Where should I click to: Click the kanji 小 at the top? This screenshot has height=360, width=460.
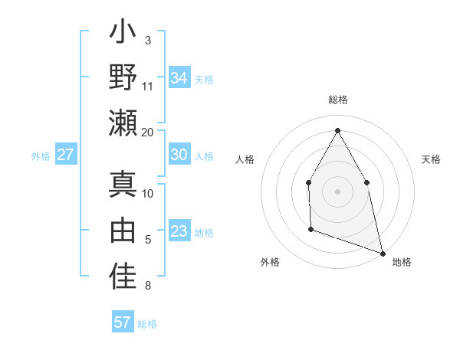coord(123,37)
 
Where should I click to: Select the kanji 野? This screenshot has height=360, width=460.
coord(123,78)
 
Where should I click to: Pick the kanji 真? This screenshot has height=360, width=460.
coord(123,186)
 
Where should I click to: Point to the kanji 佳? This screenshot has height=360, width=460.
coord(123,275)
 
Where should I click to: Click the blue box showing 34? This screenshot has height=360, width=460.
coord(179,78)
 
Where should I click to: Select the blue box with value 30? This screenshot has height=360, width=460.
coord(179,155)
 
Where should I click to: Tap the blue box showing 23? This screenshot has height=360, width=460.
coord(179,231)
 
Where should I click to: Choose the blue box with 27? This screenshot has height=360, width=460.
coord(65,155)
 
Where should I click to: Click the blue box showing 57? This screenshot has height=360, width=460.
coord(122,322)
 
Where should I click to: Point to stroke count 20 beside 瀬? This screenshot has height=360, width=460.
coord(148,132)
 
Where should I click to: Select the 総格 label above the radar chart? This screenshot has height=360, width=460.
coord(337,100)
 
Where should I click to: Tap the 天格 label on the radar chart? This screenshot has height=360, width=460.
coord(431,159)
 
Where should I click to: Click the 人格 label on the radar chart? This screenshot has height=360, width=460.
coord(245,159)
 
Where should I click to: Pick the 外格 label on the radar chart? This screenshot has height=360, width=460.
coord(270,262)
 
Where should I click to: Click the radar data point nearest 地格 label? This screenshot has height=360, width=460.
coord(382,252)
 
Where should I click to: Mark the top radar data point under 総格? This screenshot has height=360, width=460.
coord(337,129)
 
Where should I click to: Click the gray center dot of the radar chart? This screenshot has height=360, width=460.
coord(337,191)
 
